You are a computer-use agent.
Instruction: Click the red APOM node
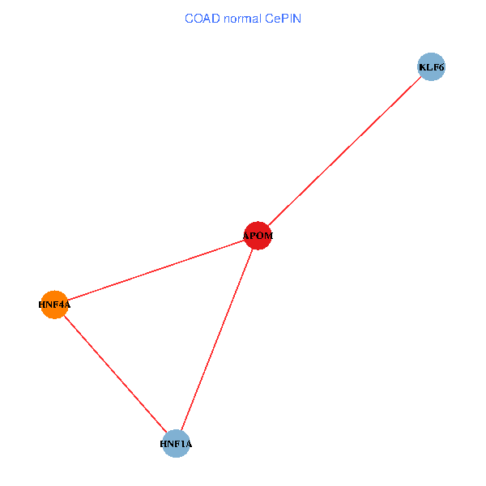[258, 236]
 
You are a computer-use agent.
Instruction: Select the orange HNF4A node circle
[54, 305]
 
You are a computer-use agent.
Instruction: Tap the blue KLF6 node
[432, 66]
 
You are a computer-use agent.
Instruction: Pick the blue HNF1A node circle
[176, 444]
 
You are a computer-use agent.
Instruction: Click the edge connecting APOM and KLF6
[345, 151]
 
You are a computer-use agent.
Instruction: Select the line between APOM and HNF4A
[156, 271]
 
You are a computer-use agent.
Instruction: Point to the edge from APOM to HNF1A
[217, 339]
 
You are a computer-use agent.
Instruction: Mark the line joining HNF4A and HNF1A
[115, 374]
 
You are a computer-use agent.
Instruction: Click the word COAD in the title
[202, 19]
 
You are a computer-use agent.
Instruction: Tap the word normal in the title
[243, 19]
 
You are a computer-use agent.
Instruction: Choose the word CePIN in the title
[283, 19]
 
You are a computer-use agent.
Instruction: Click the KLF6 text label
[432, 67]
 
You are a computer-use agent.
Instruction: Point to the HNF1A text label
[176, 444]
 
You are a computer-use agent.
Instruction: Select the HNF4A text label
[54, 305]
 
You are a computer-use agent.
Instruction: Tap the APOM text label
[258, 236]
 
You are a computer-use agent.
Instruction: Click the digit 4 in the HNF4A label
[60, 305]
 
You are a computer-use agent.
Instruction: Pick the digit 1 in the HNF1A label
[181, 444]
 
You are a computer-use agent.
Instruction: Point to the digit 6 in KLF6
[441, 67]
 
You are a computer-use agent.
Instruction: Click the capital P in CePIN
[284, 19]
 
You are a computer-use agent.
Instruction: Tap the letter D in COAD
[216, 19]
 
